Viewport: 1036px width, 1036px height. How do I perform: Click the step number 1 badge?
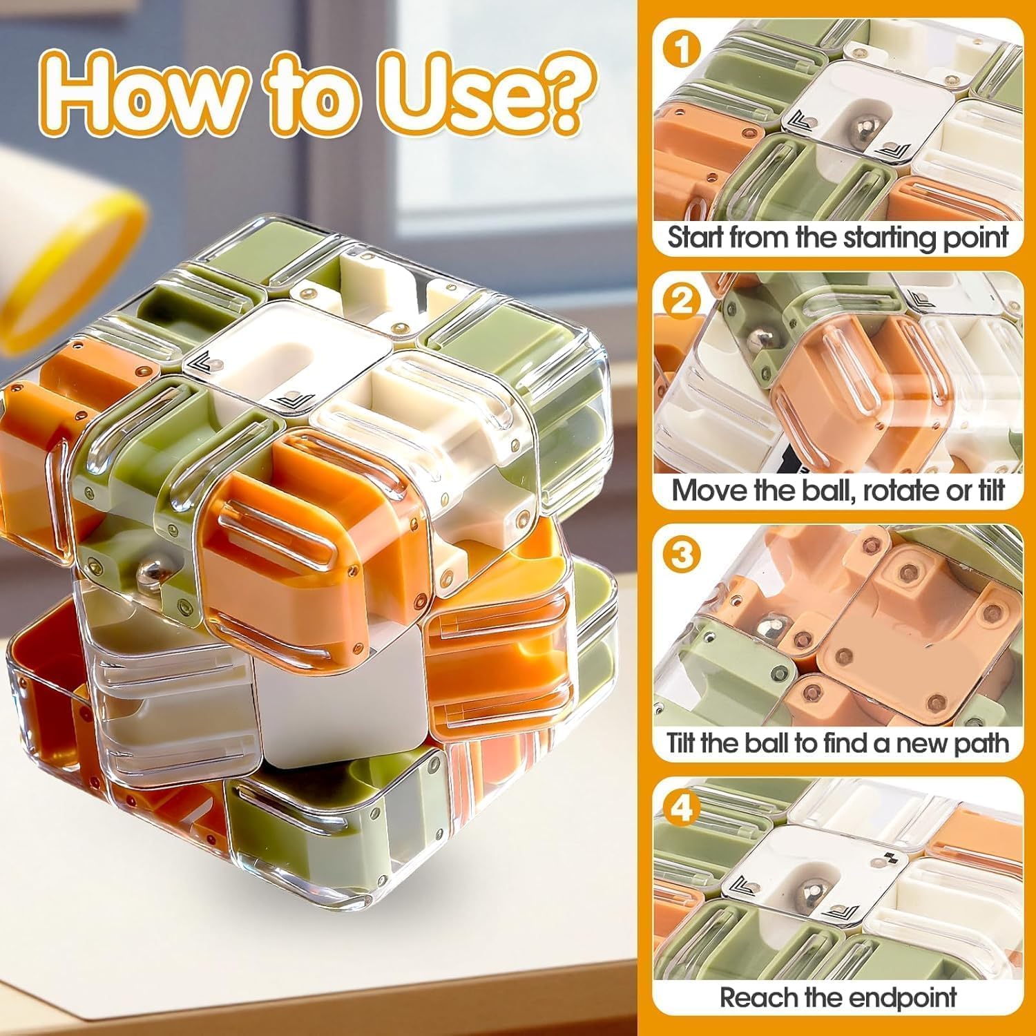(682, 49)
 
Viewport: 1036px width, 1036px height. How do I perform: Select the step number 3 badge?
(682, 554)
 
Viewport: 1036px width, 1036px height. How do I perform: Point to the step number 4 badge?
(682, 807)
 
